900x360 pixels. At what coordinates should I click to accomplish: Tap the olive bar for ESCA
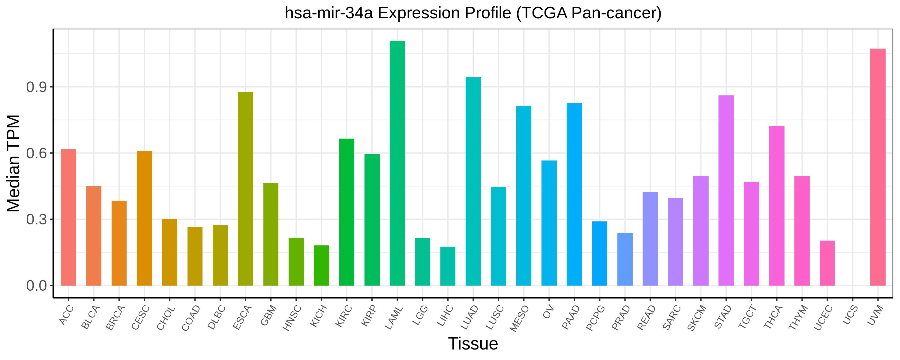(x=246, y=189)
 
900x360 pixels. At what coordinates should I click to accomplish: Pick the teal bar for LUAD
(x=473, y=181)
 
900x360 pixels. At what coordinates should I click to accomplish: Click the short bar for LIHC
(x=448, y=266)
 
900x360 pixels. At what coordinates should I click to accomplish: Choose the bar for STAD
(x=726, y=190)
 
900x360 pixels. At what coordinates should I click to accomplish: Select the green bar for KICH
(x=321, y=265)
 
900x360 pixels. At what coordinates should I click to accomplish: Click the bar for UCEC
(x=827, y=263)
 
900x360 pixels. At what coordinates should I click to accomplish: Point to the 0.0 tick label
(x=37, y=286)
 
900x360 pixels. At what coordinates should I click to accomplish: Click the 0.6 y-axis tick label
(x=37, y=153)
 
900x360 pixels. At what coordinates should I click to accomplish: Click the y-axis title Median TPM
(x=14, y=163)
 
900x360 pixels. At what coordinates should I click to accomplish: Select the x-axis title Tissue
(x=473, y=343)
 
